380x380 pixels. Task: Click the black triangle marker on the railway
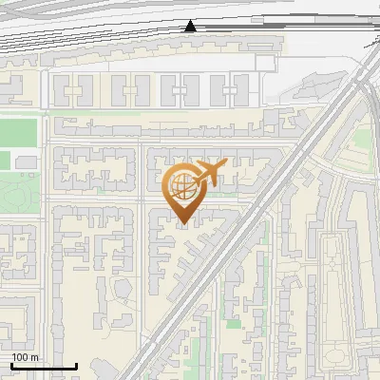click(x=192, y=26)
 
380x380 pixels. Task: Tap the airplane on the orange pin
click(x=208, y=173)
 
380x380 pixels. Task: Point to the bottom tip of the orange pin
click(x=180, y=223)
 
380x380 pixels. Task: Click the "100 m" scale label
click(x=25, y=357)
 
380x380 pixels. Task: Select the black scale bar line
click(x=43, y=366)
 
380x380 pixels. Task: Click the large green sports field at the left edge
click(x=19, y=129)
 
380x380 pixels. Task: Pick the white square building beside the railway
click(x=264, y=64)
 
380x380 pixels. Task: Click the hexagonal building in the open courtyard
click(x=122, y=287)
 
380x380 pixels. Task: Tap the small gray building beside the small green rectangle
click(x=26, y=163)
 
